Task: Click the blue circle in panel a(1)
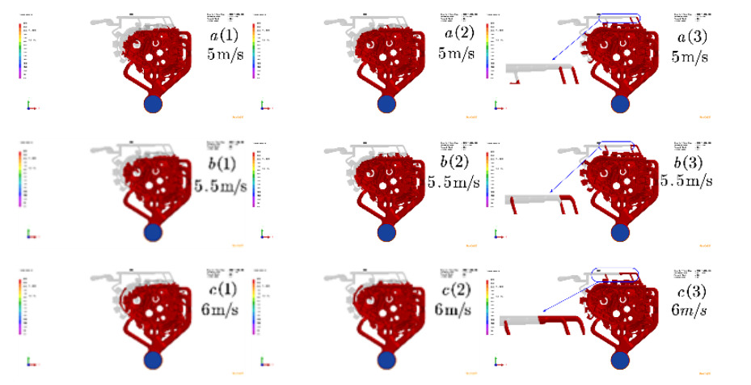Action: pyautogui.click(x=153, y=104)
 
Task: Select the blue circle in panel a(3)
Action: pyautogui.click(x=621, y=104)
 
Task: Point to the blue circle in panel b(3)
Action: pyautogui.click(x=621, y=231)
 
